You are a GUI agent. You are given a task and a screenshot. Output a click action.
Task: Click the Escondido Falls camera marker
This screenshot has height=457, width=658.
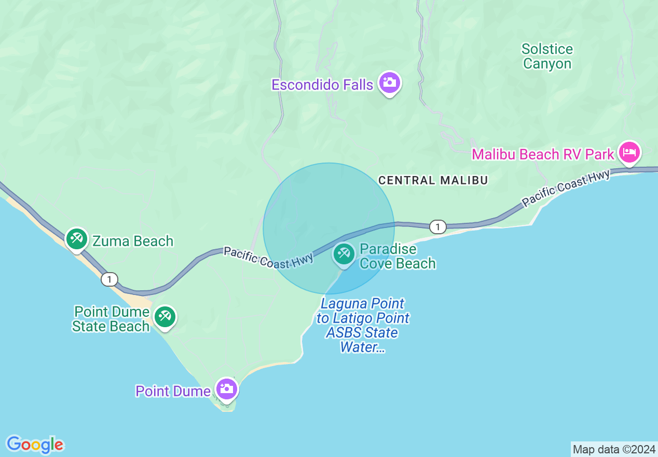pyautogui.click(x=389, y=83)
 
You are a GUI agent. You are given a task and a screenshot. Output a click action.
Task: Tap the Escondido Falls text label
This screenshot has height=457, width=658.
pyautogui.click(x=322, y=85)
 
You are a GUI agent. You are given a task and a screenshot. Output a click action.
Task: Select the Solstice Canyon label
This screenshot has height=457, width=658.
pyautogui.click(x=547, y=57)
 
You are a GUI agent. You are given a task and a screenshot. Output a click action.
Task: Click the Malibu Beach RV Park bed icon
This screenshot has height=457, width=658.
pyautogui.click(x=629, y=153)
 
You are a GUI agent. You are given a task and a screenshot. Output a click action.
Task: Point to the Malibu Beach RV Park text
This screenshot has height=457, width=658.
pyautogui.click(x=543, y=154)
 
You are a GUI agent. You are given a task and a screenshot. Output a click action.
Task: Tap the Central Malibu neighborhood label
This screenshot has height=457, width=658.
pyautogui.click(x=433, y=180)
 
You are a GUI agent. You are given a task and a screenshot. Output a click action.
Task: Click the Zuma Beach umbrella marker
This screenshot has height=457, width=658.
pyautogui.click(x=77, y=239)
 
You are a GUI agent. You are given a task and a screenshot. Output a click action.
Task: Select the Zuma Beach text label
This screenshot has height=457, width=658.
pyautogui.click(x=133, y=241)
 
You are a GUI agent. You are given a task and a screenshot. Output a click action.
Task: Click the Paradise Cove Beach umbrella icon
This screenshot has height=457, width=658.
pyautogui.click(x=344, y=254)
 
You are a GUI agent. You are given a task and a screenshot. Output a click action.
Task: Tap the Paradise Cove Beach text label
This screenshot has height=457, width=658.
pyautogui.click(x=397, y=256)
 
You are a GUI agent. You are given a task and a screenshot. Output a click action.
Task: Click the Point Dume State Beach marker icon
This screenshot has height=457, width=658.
pyautogui.click(x=165, y=317)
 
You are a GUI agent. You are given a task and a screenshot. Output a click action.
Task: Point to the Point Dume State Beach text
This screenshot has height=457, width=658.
pyautogui.click(x=111, y=319)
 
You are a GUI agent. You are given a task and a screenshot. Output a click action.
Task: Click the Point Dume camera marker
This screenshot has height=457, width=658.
pyautogui.click(x=227, y=389)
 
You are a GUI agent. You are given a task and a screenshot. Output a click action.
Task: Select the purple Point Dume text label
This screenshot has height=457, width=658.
pyautogui.click(x=173, y=391)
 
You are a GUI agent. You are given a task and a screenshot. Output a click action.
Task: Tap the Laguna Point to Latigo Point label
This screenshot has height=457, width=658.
pyautogui.click(x=363, y=325)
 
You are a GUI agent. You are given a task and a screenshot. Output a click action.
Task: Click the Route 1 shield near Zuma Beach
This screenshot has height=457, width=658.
pyautogui.click(x=109, y=279)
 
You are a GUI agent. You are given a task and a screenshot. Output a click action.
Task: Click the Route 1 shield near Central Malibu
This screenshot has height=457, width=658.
pyautogui.click(x=438, y=227)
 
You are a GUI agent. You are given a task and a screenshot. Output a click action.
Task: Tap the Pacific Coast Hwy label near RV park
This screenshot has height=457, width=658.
pyautogui.click(x=566, y=189)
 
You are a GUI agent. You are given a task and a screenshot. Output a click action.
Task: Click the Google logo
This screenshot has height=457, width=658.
pyautogui.click(x=35, y=445)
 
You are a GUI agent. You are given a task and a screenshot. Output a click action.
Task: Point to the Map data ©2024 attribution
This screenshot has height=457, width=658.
pyautogui.click(x=614, y=449)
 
